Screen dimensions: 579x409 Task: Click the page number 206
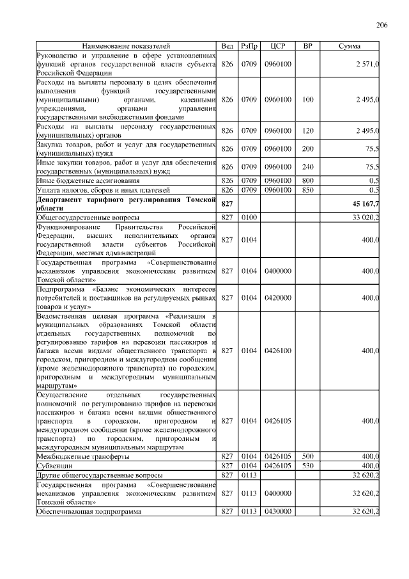[382, 25]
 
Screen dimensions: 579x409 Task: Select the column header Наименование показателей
[127, 47]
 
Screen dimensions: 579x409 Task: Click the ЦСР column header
[277, 47]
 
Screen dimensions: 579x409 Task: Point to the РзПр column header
[249, 47]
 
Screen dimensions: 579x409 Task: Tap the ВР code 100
[308, 100]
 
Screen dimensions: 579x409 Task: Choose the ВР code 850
[308, 190]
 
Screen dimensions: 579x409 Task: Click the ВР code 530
[308, 466]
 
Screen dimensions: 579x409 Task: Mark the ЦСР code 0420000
[278, 297]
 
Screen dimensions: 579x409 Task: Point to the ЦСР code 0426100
[278, 351]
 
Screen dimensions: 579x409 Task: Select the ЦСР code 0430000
[278, 512]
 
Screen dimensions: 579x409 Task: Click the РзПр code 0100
[249, 218]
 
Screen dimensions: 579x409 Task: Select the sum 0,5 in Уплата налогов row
[374, 190]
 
